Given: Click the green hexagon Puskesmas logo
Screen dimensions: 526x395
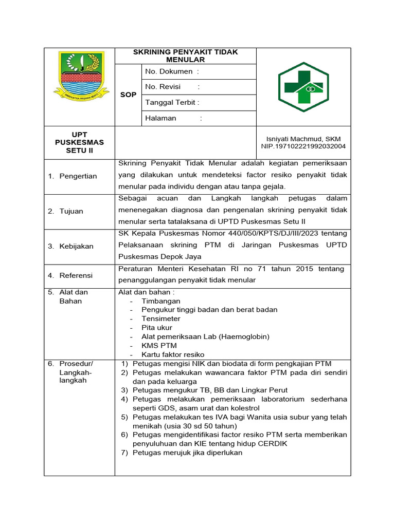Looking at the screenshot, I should (x=303, y=87).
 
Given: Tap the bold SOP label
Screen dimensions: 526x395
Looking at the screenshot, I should (x=128, y=95).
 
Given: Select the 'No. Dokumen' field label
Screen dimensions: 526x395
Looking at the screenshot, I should (x=169, y=71).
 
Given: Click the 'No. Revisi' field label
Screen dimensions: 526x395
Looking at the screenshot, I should (x=164, y=87).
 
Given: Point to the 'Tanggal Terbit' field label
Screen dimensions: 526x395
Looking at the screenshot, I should (x=170, y=102).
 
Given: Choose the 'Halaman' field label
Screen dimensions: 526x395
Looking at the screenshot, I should (x=161, y=118).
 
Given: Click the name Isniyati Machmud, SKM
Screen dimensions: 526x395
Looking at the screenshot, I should (x=303, y=139).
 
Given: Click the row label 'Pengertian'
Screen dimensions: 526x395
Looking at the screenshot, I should (x=78, y=176).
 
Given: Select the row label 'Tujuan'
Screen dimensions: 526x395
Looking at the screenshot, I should (x=71, y=211).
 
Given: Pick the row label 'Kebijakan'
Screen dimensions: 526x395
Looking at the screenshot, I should (x=76, y=246).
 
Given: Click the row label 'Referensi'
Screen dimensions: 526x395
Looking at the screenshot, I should (x=76, y=275).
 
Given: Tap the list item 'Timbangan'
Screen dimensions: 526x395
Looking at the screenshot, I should (x=161, y=301).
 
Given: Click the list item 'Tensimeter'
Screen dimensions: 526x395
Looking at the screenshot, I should (x=161, y=318).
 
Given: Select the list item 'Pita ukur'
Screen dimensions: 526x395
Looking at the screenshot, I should (x=157, y=328).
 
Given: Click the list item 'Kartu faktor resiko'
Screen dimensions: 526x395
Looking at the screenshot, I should (x=173, y=354).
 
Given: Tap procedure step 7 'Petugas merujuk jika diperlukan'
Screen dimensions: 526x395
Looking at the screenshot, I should (x=187, y=453).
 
